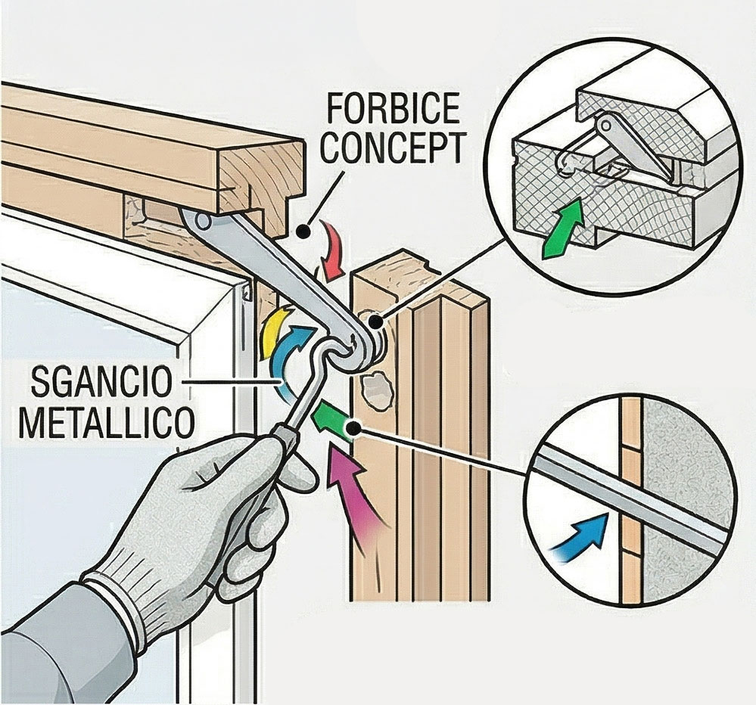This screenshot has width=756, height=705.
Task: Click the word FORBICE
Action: coord(393,110)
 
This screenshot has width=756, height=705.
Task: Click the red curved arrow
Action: coord(330,250)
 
